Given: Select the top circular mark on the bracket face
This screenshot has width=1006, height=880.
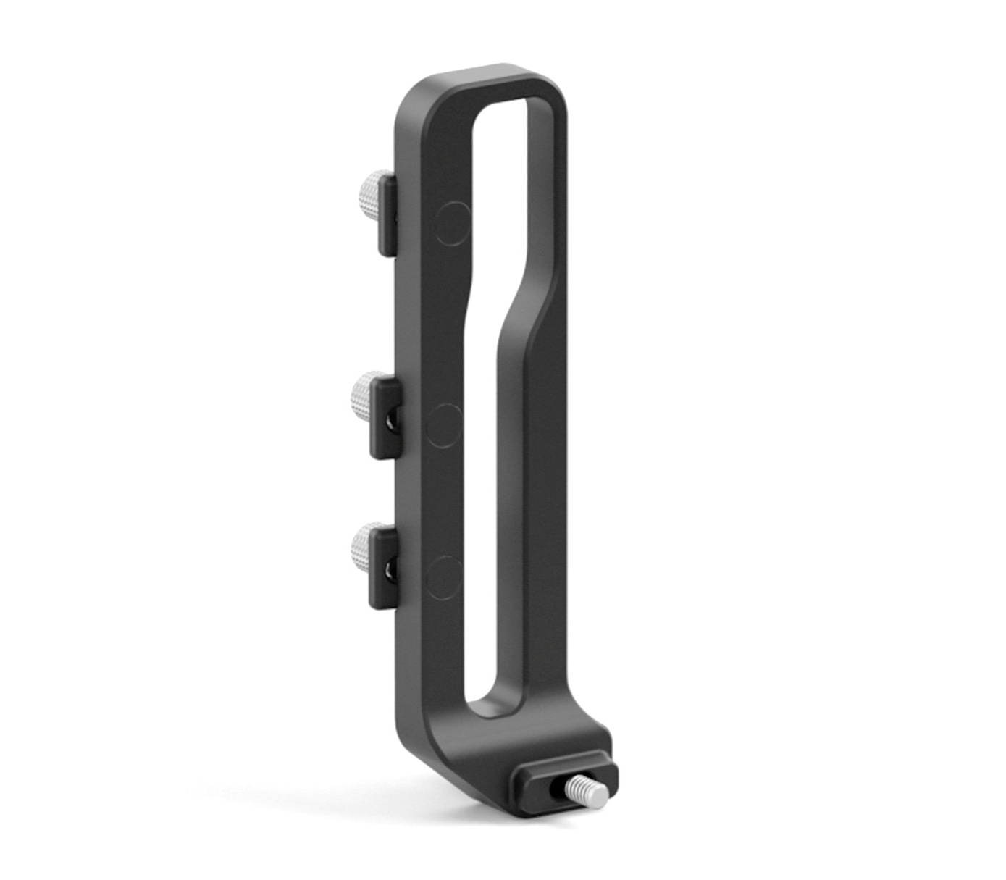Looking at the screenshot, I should click(x=454, y=223).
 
